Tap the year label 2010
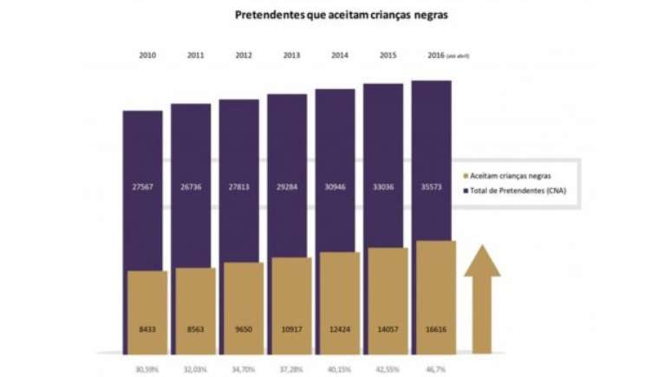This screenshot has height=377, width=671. [147, 55]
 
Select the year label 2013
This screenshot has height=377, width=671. [292, 55]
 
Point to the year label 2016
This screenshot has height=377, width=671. [437, 55]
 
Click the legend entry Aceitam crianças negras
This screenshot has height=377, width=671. [511, 175]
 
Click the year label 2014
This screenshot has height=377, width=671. [340, 55]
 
